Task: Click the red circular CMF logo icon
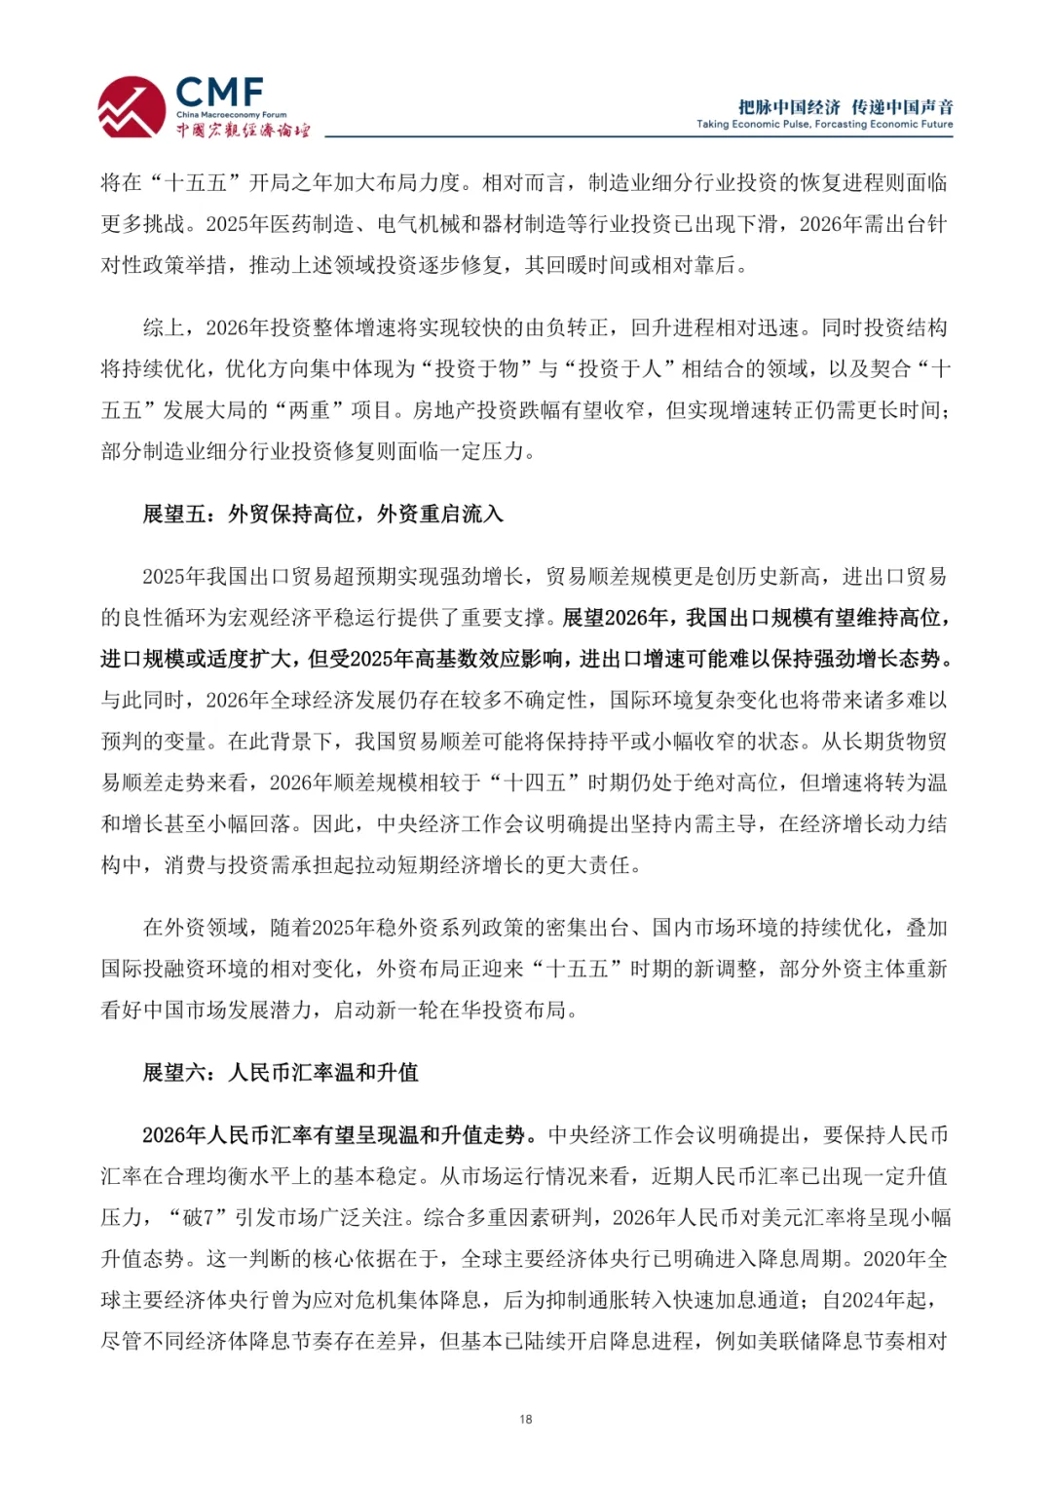(131, 107)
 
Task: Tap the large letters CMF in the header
(219, 93)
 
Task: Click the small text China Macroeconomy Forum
(231, 115)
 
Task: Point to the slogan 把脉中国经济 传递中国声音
(845, 106)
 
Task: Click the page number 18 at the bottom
(526, 1419)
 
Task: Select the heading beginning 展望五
(322, 514)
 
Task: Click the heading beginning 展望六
(281, 1072)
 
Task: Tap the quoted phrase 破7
(192, 1217)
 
